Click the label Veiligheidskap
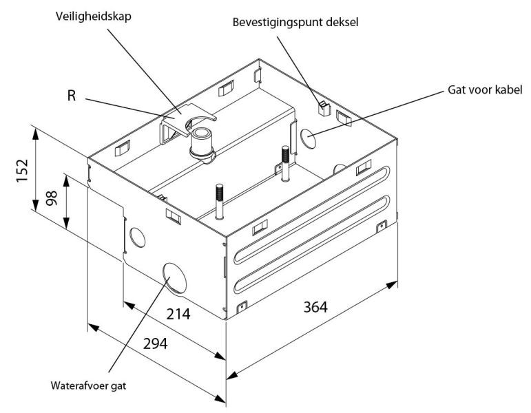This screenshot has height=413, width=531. pos(94,17)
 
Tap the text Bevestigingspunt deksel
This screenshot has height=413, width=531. pos(295,22)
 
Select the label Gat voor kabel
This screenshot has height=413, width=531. pos(485,89)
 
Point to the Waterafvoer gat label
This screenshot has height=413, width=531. pos(88,385)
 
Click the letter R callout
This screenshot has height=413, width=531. pos(72,96)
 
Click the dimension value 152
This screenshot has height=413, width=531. pos(22,170)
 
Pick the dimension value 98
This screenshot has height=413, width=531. pos(52,198)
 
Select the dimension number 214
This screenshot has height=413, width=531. pos(178,314)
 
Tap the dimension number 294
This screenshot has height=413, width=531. pos(156,344)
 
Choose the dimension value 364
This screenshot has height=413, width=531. pos(315,308)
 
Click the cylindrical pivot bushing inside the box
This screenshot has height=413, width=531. pos(202,145)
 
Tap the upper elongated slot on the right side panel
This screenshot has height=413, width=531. pos(311,214)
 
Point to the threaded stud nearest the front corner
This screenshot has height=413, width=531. pos(220,202)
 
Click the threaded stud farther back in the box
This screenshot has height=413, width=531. pos(286,163)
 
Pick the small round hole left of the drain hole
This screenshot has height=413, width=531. pos(138,237)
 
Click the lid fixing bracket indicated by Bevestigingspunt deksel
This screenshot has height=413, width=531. pos(324,108)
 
